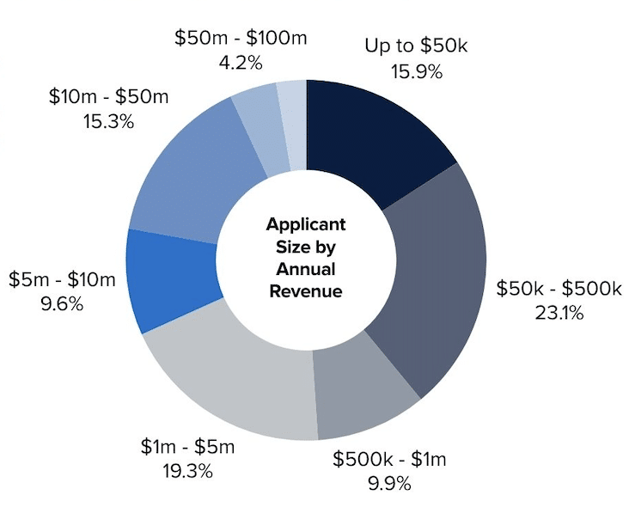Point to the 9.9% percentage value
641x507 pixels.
point(389,482)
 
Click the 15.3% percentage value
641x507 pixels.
point(108,121)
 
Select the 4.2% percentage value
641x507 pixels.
point(240,62)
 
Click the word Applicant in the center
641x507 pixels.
point(306,224)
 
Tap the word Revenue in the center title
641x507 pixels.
point(306,291)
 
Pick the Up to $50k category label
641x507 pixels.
point(415,46)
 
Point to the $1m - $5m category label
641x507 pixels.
point(187,447)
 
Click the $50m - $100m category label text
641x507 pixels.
point(241,38)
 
